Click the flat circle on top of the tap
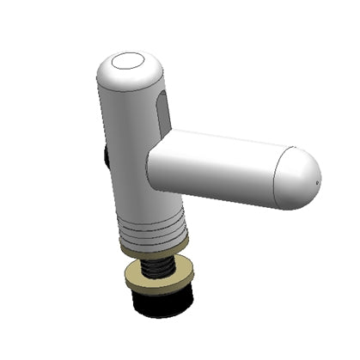point(131,61)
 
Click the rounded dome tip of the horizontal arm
point(296,181)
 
